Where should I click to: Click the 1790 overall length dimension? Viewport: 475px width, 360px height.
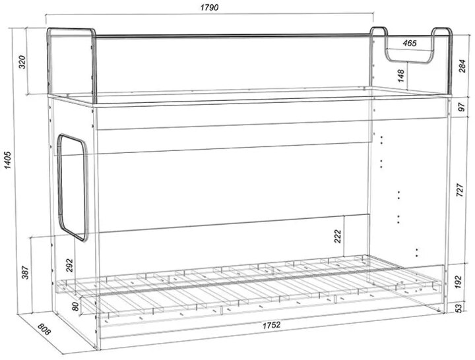coord(209,7)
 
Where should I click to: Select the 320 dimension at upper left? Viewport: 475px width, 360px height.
coord(22,62)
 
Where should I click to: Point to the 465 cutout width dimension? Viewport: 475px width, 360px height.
coord(410,44)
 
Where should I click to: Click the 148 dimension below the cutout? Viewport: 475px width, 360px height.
coord(401,76)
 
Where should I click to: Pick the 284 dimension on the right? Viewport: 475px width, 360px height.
coord(462,66)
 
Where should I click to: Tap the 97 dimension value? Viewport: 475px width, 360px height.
coord(461,107)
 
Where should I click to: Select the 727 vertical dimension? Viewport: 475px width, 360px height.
coord(460,191)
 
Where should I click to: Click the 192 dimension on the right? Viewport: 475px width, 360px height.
coord(458,282)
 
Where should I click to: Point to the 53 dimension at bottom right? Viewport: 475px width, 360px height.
coord(459,308)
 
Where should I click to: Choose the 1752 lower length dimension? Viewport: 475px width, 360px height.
coord(271,325)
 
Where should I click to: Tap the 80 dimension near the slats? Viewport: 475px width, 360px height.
coord(75,307)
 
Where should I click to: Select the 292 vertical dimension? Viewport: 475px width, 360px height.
coord(69,266)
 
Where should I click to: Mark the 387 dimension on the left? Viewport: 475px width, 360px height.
coord(25,272)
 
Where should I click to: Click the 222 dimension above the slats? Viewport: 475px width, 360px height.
coord(338,237)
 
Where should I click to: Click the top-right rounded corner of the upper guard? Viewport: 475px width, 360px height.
coord(449,30)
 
